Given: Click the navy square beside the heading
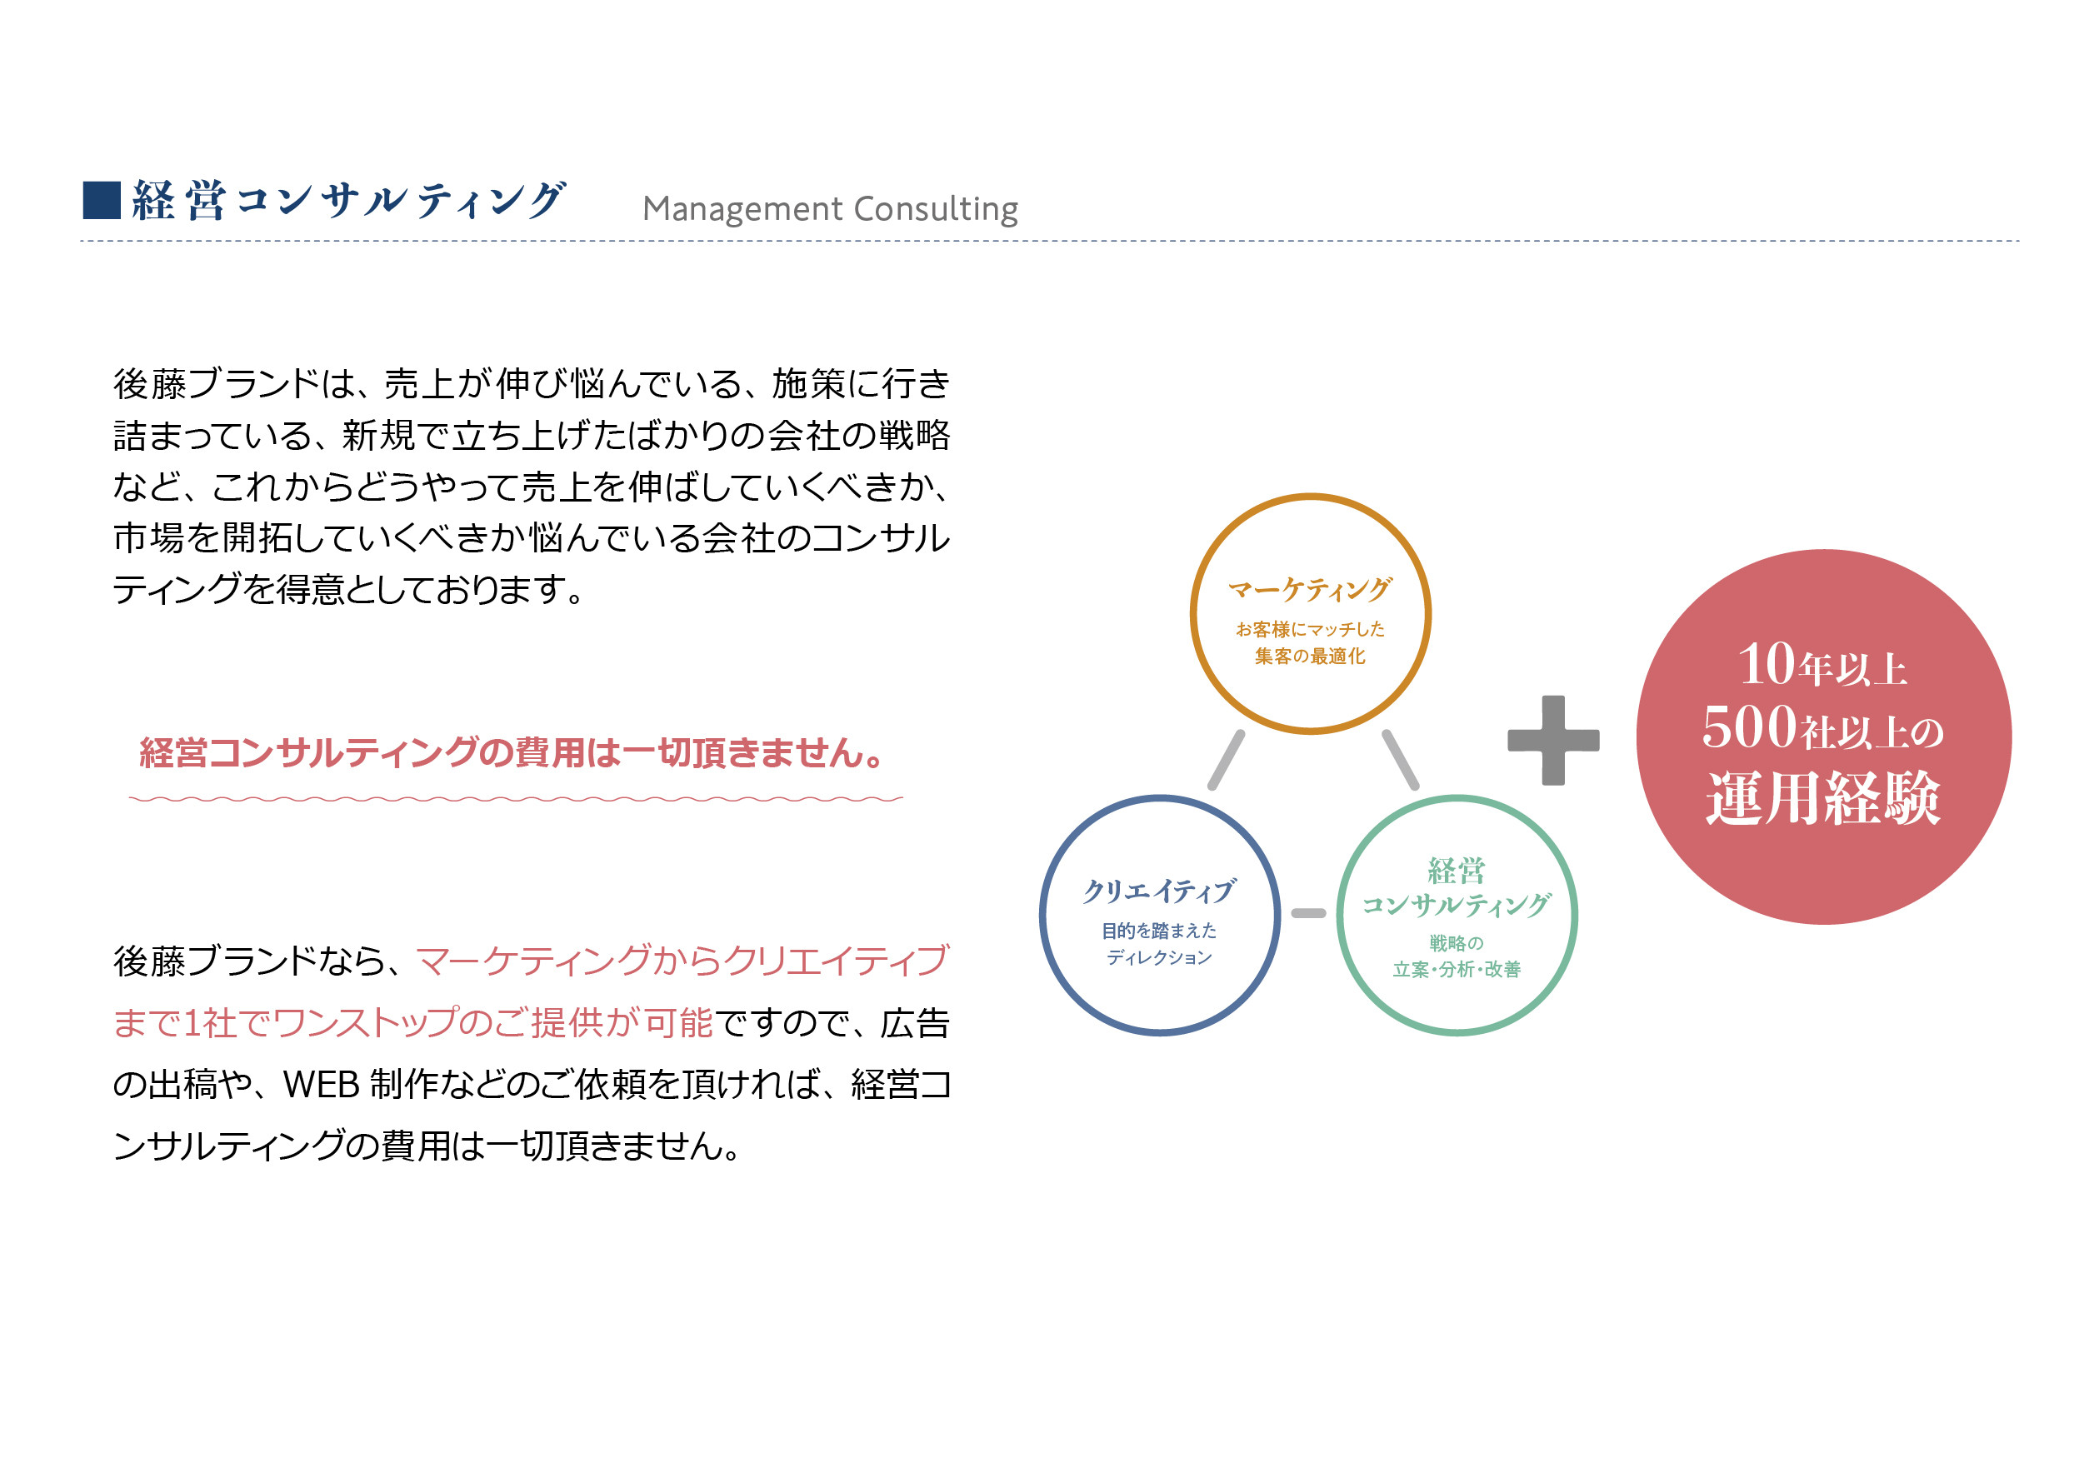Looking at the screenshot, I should pos(102,201).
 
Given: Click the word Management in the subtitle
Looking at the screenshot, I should pos(742,209).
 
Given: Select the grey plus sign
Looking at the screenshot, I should pos(1552,740).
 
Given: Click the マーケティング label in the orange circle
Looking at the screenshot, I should pos(1310,590).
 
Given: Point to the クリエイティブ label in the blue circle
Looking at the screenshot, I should pos(1159,891).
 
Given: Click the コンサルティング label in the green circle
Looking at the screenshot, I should pos(1456,905).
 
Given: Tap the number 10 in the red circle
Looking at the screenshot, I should pos(1767,664).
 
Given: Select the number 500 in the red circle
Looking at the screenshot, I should pos(1749,728).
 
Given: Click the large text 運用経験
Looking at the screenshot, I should pos(1822,799).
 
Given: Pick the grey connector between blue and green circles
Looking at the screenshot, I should pos(1308,913).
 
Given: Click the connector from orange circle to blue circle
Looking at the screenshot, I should pos(1227,760).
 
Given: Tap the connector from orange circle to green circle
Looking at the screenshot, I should pos(1400,760).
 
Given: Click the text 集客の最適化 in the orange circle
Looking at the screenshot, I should pos(1310,657).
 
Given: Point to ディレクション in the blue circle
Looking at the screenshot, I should pos(1159,957).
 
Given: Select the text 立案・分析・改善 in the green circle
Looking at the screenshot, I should pos(1456,969).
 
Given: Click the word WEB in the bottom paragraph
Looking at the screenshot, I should pos(322,1085).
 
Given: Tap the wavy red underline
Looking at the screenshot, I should pos(516,799).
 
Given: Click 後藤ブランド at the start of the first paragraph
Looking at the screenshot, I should pos(215,385).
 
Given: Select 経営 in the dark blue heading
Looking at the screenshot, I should pos(179,201).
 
